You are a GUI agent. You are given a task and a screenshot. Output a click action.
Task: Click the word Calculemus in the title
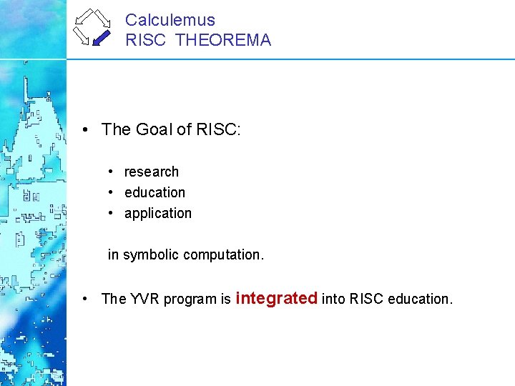tap(170, 20)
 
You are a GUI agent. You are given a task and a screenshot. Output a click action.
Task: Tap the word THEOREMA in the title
tap(223, 40)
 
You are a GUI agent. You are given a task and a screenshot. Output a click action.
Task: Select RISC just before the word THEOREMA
tap(147, 40)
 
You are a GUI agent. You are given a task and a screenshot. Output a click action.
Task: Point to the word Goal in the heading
tap(154, 129)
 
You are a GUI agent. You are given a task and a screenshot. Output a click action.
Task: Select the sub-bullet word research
tap(152, 172)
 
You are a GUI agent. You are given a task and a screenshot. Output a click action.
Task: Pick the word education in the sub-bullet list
tap(154, 192)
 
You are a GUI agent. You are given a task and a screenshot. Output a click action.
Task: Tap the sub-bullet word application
tap(158, 213)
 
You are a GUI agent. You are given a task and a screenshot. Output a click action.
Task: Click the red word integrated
tap(276, 298)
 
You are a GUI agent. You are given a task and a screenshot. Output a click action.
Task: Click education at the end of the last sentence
tap(421, 299)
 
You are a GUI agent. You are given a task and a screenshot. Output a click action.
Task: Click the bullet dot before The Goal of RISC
tap(84, 129)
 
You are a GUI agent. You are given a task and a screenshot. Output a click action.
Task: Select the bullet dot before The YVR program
tap(84, 299)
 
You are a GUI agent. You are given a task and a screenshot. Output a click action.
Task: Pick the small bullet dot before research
tap(112, 172)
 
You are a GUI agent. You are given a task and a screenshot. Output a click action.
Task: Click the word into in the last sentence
tap(333, 299)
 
